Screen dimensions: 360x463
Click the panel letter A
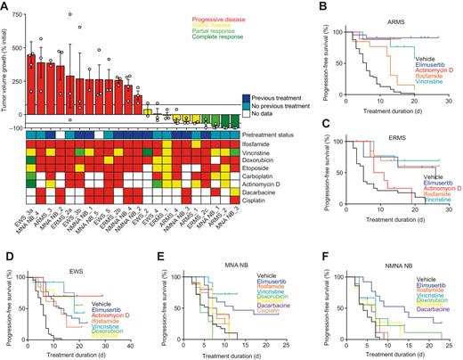pos(6,6)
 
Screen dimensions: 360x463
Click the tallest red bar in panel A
pos(32,78)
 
